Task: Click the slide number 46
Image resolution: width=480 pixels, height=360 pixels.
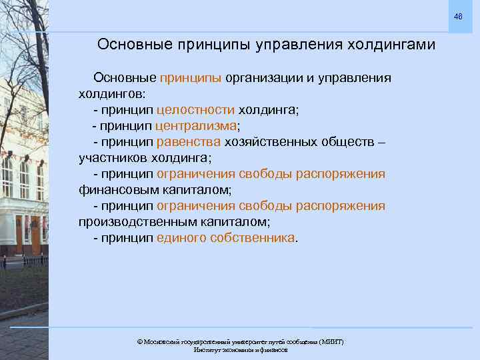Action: point(459,15)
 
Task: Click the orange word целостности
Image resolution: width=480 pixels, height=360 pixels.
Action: point(195,110)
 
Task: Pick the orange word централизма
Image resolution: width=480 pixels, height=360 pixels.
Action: point(196,126)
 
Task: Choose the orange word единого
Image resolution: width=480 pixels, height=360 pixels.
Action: point(181,238)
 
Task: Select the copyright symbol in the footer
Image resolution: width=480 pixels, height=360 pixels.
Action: point(139,341)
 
